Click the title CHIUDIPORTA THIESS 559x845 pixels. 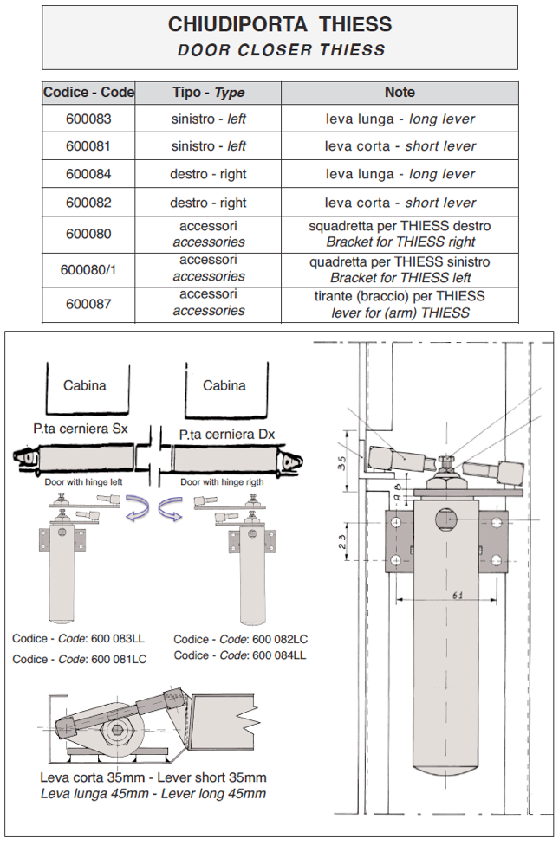point(280,24)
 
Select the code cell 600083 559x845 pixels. point(88,119)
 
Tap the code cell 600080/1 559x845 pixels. point(88,269)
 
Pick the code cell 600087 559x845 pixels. point(88,303)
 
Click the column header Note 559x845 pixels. point(400,93)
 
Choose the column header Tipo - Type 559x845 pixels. point(208,93)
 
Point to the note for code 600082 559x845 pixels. point(400,203)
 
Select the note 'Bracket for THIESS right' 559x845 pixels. point(400,242)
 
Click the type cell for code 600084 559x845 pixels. point(208,174)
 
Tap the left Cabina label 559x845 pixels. point(85,385)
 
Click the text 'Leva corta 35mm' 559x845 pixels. point(90,777)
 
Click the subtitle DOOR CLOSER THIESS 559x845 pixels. point(280,50)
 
